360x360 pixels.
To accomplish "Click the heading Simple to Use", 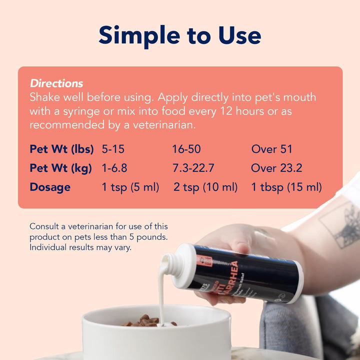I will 180,35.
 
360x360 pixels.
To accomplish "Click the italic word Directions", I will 56,83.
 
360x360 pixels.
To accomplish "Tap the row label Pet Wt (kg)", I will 60,168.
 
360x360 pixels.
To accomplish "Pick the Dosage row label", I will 50,187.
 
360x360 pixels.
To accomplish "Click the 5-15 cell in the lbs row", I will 113,149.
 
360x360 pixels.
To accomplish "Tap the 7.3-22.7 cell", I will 194,168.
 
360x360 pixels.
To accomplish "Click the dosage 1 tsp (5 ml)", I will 130,187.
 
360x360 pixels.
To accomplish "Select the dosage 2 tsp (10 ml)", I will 205,187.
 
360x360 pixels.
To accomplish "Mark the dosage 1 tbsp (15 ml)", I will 286,187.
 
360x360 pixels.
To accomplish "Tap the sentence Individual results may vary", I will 80,247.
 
